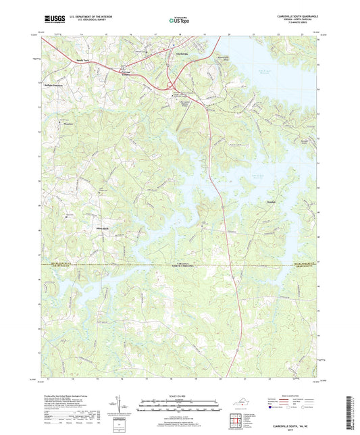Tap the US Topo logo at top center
point(178,20)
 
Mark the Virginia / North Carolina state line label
point(182,266)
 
